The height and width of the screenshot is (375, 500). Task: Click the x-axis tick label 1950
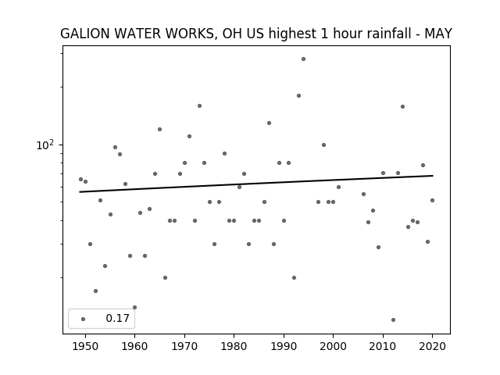[x=85, y=346]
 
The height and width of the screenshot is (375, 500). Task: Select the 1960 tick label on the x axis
[x=134, y=346]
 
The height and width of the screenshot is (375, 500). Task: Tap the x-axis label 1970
[x=184, y=346]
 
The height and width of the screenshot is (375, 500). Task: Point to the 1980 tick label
[x=234, y=346]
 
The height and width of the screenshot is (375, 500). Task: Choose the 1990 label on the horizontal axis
[x=284, y=346]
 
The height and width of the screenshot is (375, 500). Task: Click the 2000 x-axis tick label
[x=333, y=346]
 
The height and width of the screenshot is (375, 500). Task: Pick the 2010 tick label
[x=383, y=346]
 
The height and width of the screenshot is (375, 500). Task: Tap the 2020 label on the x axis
[x=432, y=346]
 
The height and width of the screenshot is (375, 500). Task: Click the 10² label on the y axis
[x=45, y=145]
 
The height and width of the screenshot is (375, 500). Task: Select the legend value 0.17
[x=118, y=318]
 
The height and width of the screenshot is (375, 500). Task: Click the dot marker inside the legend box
[x=84, y=319]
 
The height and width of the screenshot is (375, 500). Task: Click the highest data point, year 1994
[x=304, y=59]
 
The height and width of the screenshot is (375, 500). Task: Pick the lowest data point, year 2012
[x=393, y=320]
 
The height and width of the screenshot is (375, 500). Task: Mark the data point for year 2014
[x=403, y=106]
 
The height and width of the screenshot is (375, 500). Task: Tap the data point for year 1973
[x=200, y=106]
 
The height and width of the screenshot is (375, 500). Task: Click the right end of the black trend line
[x=433, y=175]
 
